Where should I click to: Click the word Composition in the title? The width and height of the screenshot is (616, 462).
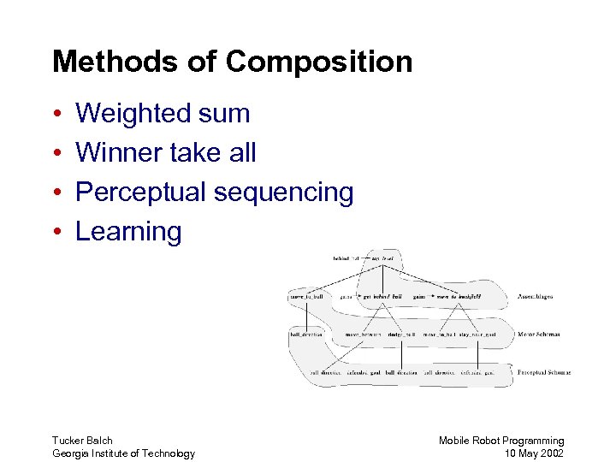(319, 62)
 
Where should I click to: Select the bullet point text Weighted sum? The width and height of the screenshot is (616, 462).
(163, 113)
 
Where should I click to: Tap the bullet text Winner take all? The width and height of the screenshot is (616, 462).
(166, 152)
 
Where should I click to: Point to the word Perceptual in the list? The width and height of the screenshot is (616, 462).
(141, 192)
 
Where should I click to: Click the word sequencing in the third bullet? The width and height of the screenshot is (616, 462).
(283, 192)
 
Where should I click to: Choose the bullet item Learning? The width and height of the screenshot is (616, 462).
(128, 232)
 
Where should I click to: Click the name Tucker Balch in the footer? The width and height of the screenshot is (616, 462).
(82, 441)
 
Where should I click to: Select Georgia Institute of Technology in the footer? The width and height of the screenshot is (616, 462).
(123, 453)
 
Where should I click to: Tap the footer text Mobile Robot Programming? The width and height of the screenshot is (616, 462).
(501, 441)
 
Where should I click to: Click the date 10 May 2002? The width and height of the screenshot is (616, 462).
(534, 453)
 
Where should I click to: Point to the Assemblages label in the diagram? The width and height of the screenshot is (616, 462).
(535, 297)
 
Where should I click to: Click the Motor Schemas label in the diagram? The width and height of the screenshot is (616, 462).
(538, 335)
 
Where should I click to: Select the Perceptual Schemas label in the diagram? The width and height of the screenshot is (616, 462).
(544, 372)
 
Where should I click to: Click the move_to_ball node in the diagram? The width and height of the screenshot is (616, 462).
(306, 297)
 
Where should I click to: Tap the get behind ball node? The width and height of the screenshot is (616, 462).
(381, 297)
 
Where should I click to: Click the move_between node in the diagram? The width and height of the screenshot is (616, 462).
(363, 335)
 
